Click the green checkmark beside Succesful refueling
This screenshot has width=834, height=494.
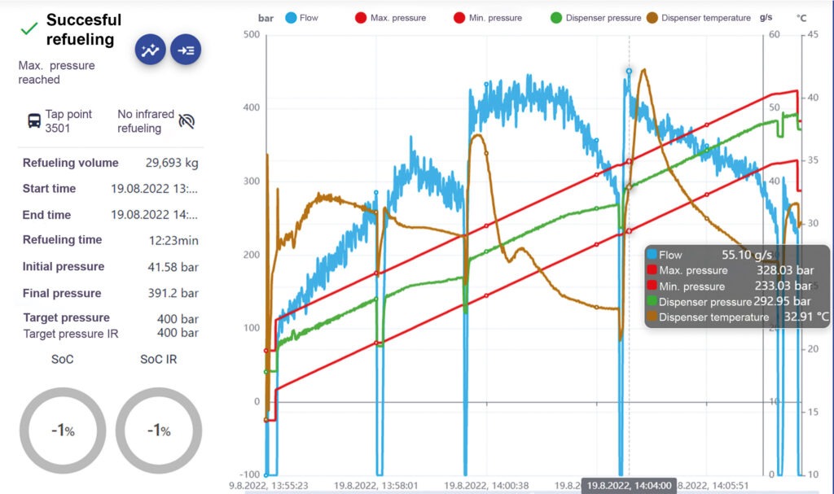(29, 28)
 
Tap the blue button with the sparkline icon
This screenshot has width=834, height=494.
(150, 50)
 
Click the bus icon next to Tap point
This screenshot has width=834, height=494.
(33, 121)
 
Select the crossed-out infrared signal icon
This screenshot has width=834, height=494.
(187, 121)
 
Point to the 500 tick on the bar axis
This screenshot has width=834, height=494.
(251, 35)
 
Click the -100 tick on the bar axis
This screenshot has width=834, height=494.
(249, 474)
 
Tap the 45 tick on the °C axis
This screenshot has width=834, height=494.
(812, 35)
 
